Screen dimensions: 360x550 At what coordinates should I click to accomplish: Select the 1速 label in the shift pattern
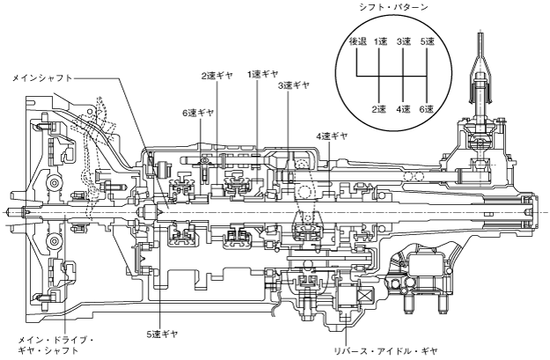[380, 41]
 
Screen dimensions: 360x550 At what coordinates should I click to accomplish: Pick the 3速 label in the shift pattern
[404, 41]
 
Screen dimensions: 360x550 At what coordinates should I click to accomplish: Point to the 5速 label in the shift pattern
[428, 41]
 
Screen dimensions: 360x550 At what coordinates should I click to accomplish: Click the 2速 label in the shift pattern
[380, 108]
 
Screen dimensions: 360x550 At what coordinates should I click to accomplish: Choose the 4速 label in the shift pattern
[404, 108]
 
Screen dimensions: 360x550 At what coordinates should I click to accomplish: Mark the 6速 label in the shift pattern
[428, 108]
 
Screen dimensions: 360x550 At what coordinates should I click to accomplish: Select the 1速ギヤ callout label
[263, 74]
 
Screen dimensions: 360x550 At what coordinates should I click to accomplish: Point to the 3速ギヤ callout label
[293, 86]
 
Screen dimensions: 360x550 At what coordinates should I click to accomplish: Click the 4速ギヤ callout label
[332, 136]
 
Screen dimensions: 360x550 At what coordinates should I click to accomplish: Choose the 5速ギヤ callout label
[163, 334]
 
